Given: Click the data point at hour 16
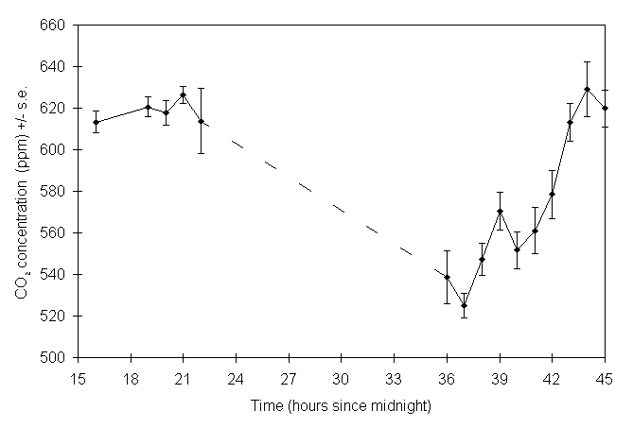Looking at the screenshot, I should coord(96,122).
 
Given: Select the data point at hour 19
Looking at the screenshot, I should coord(149,107).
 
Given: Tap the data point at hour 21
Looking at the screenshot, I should coord(184,94).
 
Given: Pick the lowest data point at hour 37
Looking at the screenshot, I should coord(464,305).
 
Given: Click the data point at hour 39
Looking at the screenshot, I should coord(500,212).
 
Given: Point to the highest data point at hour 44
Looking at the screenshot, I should coord(588,89).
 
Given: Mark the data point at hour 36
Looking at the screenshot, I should coord(447,277).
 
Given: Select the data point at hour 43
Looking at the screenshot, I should coord(570,122).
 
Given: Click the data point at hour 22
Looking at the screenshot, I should coord(202,121).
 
